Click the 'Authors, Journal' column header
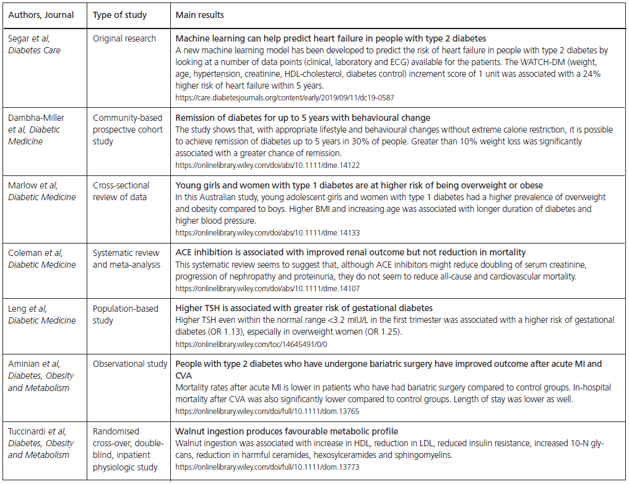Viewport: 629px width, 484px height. tap(41, 15)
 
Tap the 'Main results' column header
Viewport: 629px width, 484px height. tap(200, 15)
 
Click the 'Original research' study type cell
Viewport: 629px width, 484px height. tap(124, 38)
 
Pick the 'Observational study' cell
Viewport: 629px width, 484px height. tap(130, 364)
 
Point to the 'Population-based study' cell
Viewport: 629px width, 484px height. tap(126, 314)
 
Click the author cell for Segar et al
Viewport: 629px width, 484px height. tap(34, 44)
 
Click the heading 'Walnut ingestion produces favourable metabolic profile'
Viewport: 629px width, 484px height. tap(287, 431)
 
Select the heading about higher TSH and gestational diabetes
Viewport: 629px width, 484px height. tap(304, 308)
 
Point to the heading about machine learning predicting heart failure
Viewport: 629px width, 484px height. tap(331, 38)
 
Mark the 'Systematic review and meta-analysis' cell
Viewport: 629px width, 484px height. tap(126, 258)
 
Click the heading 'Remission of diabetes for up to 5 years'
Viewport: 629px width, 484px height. tap(303, 118)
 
